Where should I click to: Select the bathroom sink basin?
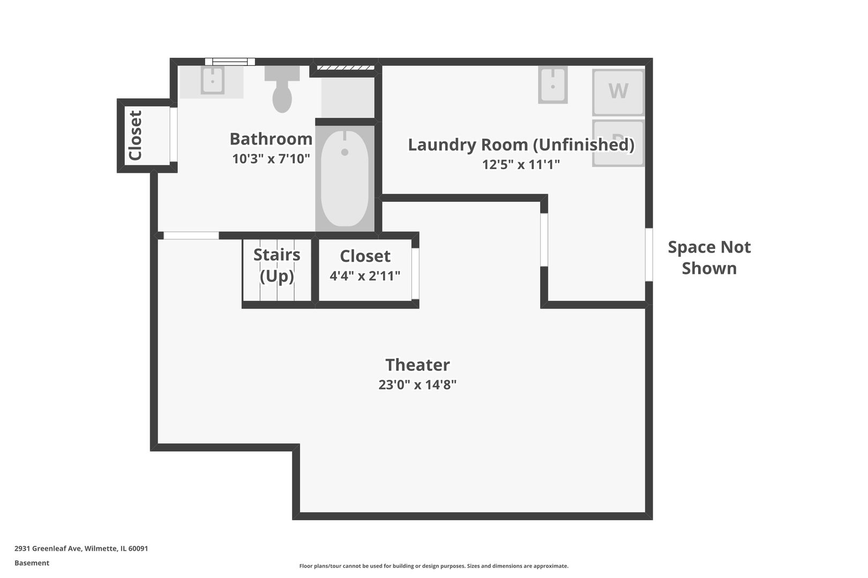click(213, 81)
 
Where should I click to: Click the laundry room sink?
click(552, 85)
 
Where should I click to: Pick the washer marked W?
click(618, 92)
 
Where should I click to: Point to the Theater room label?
click(417, 365)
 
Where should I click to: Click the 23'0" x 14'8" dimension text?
click(417, 385)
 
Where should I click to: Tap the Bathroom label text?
click(271, 139)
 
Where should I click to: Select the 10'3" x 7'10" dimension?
click(271, 159)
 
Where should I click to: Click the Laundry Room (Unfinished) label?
click(521, 145)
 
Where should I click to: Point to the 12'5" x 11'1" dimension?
click(521, 165)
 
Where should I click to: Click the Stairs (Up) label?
click(276, 265)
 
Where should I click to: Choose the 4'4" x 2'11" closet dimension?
click(365, 276)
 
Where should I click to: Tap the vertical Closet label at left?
click(136, 135)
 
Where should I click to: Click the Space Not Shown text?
click(709, 257)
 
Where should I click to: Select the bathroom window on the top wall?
click(230, 62)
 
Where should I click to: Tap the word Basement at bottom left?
click(32, 563)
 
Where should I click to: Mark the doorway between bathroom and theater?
click(191, 235)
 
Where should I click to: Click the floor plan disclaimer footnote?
click(433, 566)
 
